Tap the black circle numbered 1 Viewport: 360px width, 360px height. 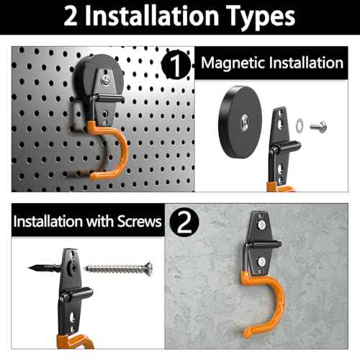pos(178,64)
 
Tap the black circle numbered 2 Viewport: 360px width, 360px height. pos(184,221)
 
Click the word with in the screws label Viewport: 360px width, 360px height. pos(103,221)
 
